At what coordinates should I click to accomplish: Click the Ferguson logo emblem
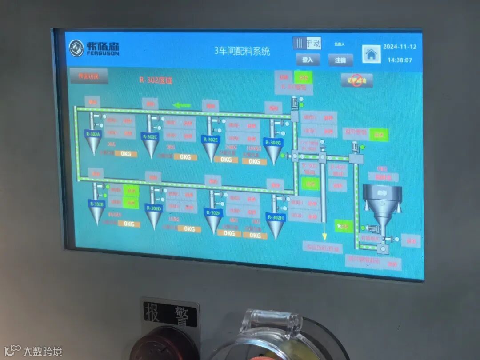point(76,48)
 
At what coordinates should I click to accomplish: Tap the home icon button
point(371,54)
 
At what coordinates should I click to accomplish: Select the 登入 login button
point(308,60)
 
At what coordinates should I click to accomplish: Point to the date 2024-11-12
point(400,47)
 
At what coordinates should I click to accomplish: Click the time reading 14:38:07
point(400,60)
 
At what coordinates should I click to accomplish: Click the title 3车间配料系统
point(242,51)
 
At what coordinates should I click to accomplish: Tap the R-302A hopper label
point(93,133)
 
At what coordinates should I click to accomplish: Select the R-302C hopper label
point(150,136)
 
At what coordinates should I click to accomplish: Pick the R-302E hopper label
point(211,139)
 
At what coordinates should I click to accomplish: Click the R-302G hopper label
point(273,142)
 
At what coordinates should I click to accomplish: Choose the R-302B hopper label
point(96,204)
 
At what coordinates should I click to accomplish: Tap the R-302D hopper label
point(154,208)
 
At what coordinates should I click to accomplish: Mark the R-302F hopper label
point(213,212)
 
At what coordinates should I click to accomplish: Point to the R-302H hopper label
point(276,217)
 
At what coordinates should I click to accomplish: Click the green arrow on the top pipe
point(182,105)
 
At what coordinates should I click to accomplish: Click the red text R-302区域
point(156,80)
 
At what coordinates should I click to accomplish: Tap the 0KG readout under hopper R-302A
point(126,154)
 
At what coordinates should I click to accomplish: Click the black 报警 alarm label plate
point(170,313)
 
